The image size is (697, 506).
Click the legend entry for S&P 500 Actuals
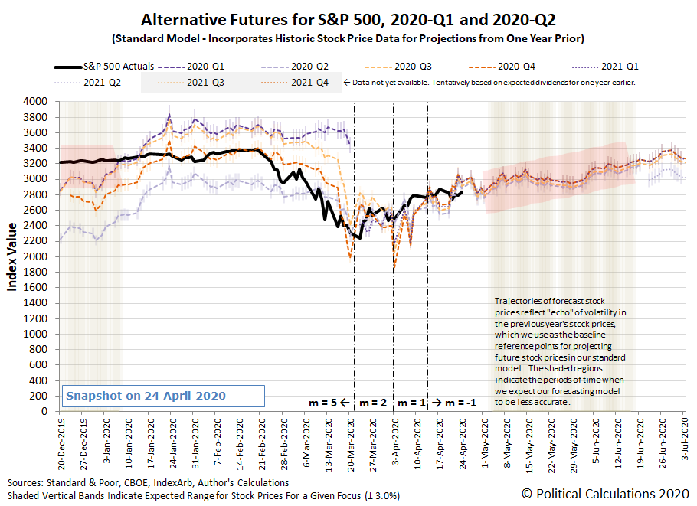[x=104, y=67]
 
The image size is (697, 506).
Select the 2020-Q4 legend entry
[x=502, y=67]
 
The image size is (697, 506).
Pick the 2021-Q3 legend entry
[x=191, y=83]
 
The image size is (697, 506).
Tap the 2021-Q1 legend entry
[x=605, y=67]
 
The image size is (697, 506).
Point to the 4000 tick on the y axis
[x=35, y=102]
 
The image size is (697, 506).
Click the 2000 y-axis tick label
[x=35, y=256]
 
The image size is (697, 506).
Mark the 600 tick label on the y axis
[x=38, y=364]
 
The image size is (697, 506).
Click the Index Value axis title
[x=12, y=256]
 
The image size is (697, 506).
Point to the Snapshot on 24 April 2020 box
[x=163, y=396]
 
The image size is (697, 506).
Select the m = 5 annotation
[x=322, y=403]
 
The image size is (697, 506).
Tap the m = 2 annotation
[x=373, y=403]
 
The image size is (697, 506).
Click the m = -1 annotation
[x=460, y=403]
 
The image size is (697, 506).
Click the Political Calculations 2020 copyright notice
[x=605, y=494]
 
